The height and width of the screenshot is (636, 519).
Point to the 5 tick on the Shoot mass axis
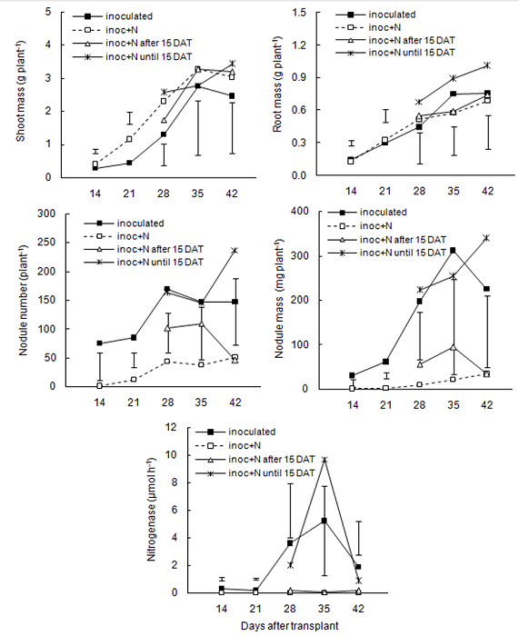point(60,13)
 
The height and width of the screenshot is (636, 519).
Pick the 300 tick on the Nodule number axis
point(55,214)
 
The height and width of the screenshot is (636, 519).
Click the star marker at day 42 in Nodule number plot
point(235,250)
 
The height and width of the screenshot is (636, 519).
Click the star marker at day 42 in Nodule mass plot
point(486,238)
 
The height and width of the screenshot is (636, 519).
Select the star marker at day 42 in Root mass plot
point(486,65)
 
